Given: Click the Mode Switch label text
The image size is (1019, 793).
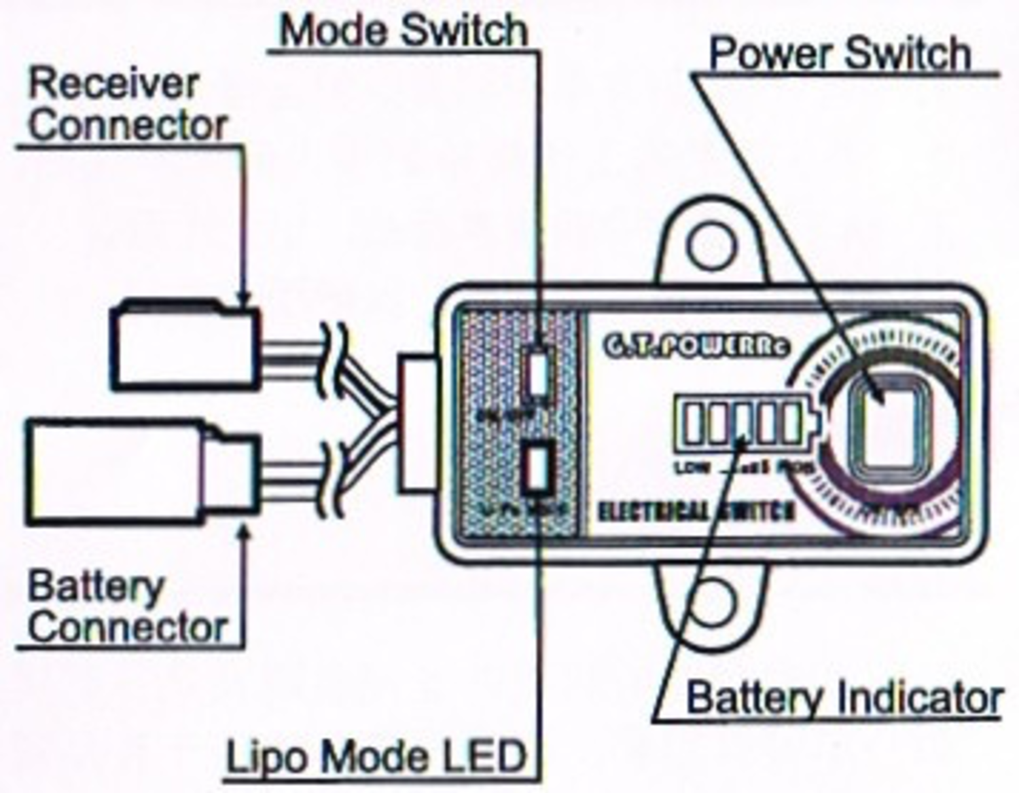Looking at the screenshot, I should [x=404, y=31].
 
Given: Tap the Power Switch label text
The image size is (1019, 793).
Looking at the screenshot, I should [x=840, y=53].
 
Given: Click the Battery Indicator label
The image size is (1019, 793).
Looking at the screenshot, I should [x=844, y=698].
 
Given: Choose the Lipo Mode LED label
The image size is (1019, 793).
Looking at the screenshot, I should [x=376, y=756].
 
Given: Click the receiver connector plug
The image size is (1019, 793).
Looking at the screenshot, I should [x=185, y=347].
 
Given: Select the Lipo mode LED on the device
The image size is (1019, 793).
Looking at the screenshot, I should [x=537, y=467].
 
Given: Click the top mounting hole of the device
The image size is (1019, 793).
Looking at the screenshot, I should [x=711, y=245].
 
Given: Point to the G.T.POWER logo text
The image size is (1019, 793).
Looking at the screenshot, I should [x=696, y=345].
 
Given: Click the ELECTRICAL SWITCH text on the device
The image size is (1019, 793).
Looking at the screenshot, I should [x=696, y=511].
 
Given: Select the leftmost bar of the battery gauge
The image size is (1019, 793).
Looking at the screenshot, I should [x=691, y=423].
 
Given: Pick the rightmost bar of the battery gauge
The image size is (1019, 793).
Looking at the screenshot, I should [x=791, y=423].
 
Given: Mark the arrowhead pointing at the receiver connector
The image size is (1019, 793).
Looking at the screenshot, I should [x=243, y=299].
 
